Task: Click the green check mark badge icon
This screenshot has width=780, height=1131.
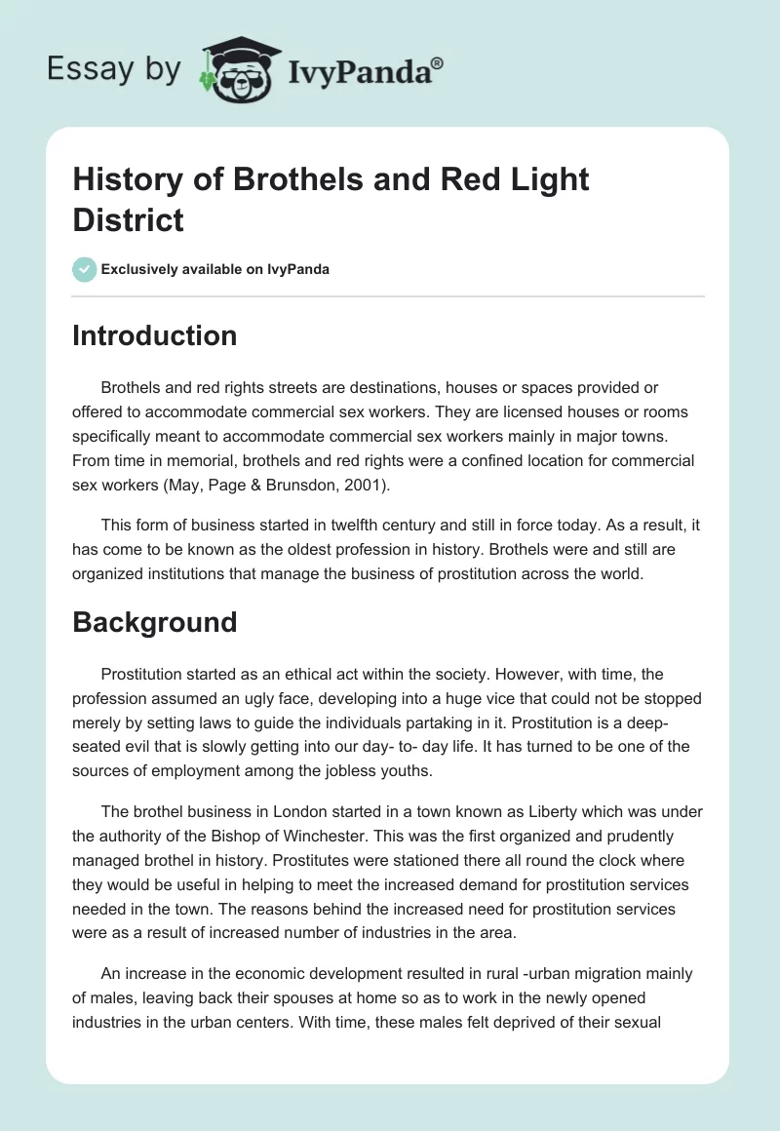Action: click(x=85, y=269)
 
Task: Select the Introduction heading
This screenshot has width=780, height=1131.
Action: click(x=154, y=335)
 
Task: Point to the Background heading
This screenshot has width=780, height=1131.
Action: click(x=154, y=622)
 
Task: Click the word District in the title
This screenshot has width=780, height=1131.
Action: click(x=128, y=219)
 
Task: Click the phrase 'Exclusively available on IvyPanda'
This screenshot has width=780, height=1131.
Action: click(x=216, y=269)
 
